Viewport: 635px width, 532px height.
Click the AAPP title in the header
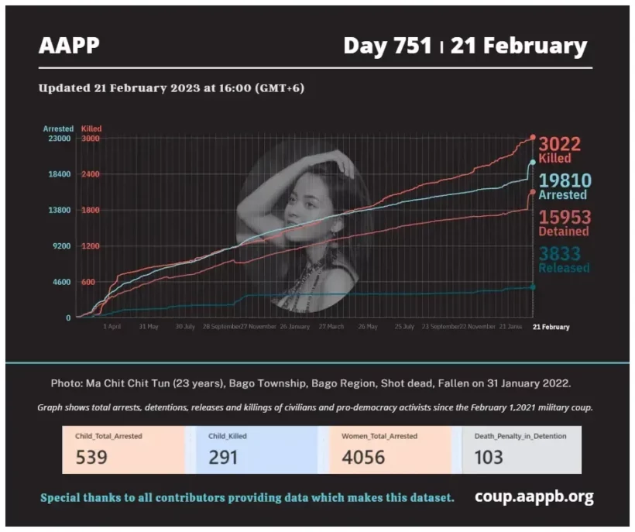[x=69, y=46]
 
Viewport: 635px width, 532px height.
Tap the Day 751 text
[x=387, y=46]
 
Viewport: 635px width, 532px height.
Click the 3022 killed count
[x=559, y=144]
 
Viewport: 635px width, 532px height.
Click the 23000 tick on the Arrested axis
[x=58, y=138]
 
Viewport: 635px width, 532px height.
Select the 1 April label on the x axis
[x=112, y=327]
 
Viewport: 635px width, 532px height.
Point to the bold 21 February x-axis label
[x=551, y=327]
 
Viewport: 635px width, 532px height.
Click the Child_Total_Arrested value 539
[x=91, y=457]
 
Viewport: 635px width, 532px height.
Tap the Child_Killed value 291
[x=224, y=457]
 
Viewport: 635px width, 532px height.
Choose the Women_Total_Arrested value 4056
[x=363, y=457]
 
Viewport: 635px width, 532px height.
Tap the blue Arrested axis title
[x=58, y=129]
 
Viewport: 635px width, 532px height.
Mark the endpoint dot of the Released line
[x=532, y=287]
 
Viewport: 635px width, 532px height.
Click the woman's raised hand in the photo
[x=341, y=164]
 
